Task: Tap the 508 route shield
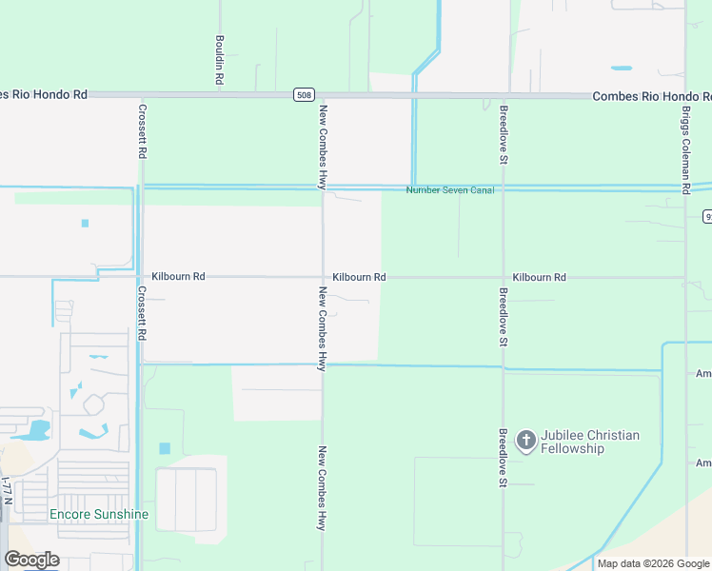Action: (x=303, y=95)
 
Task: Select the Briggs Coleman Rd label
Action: (x=685, y=149)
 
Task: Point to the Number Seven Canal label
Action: (x=450, y=190)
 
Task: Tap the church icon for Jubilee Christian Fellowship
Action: (x=524, y=441)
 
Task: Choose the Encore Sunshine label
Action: (x=99, y=515)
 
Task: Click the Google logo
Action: (x=32, y=560)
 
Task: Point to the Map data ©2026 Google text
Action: (x=653, y=563)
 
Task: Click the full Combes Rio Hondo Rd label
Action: (x=651, y=96)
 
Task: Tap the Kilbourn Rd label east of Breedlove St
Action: (x=539, y=277)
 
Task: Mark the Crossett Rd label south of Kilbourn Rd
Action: (x=142, y=314)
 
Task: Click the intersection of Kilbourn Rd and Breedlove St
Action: (x=503, y=278)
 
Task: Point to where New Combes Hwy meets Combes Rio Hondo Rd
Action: (x=323, y=95)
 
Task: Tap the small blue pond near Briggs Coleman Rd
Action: (x=621, y=69)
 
